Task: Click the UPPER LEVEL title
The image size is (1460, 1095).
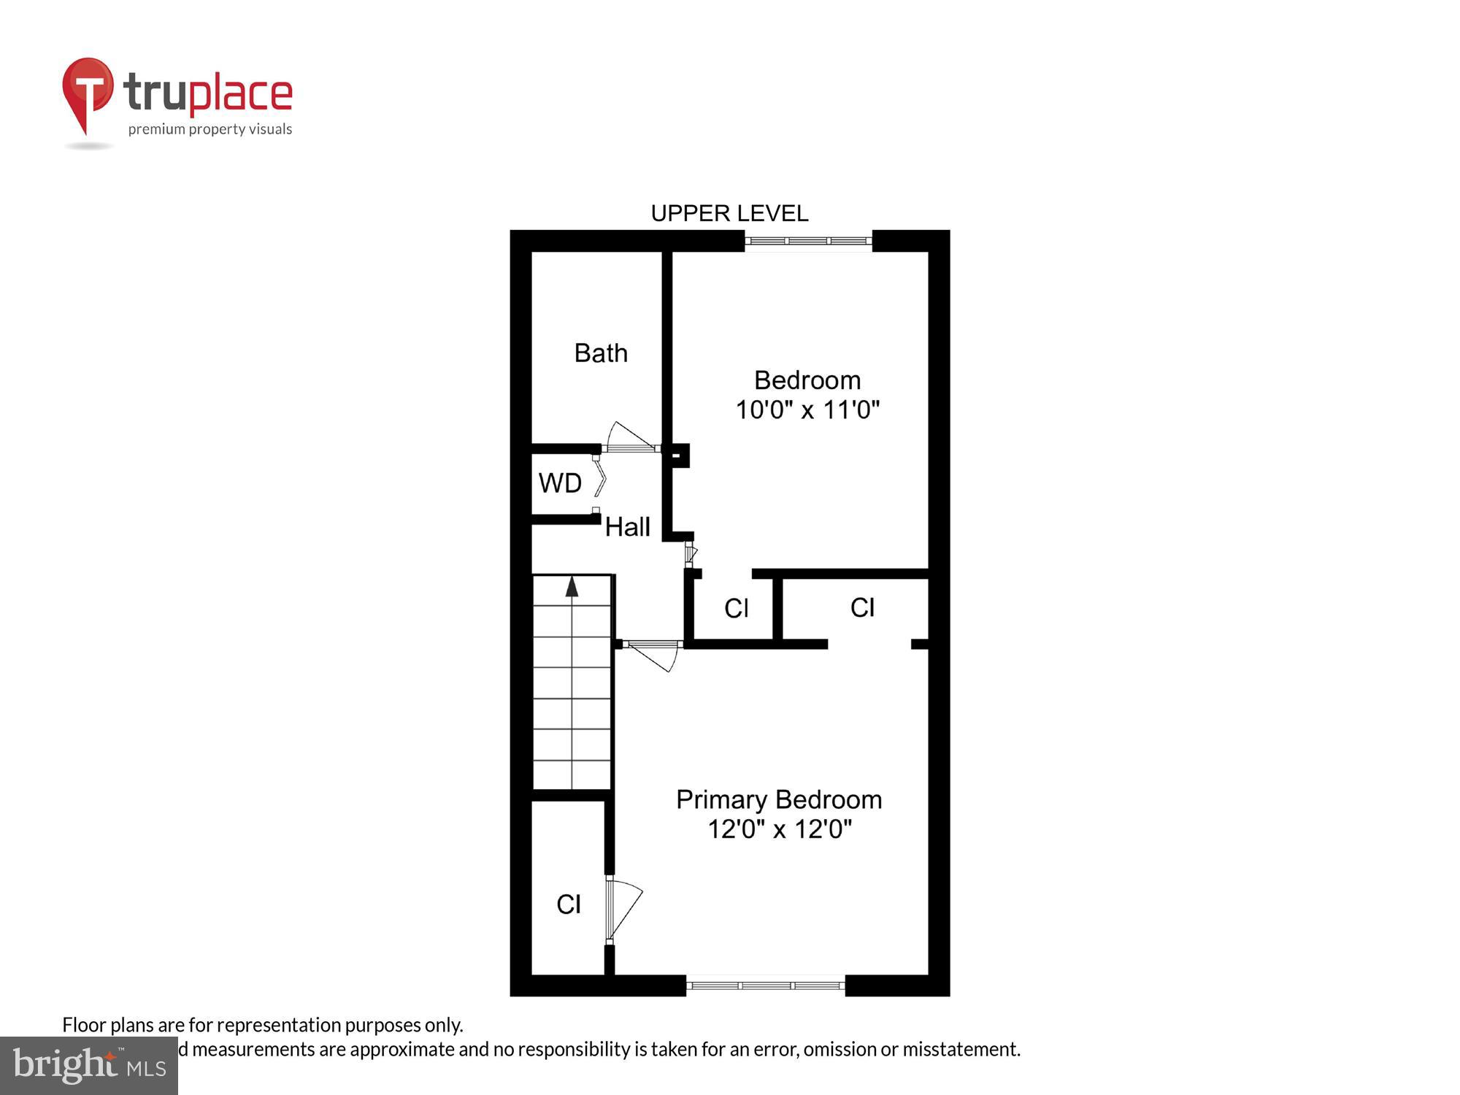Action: tap(729, 213)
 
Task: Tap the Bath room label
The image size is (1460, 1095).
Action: tap(601, 353)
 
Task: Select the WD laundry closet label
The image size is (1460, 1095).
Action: tap(560, 483)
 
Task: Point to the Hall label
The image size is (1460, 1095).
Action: tap(628, 527)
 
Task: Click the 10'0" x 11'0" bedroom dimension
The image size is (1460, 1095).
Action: tap(807, 410)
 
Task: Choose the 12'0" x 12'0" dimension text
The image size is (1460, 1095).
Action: tap(780, 829)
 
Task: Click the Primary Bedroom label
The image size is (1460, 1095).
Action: tap(779, 800)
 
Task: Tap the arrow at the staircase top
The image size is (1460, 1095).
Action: tap(572, 586)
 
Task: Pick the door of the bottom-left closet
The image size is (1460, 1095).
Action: tap(622, 909)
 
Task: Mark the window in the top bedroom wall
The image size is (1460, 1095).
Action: tap(808, 240)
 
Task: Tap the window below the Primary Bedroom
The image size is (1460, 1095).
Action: tap(765, 985)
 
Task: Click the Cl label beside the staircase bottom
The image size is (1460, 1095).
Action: tap(569, 904)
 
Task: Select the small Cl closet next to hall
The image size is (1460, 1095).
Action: tap(736, 608)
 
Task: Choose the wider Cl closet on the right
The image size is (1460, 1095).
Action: tap(862, 607)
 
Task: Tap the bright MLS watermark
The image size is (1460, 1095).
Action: tap(89, 1066)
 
